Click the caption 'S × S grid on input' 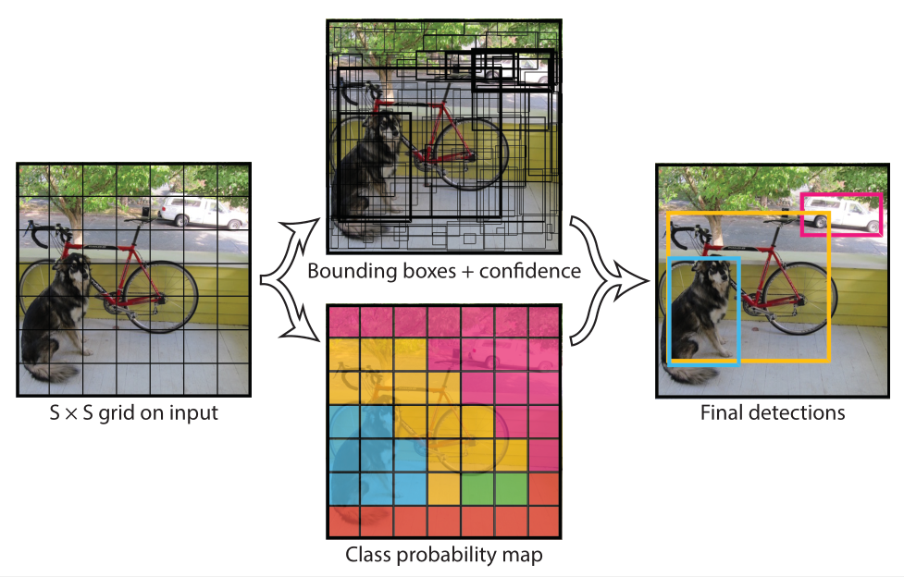[133, 412]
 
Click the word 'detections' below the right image [798, 412]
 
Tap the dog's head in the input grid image [72, 270]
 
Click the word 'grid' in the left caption [128, 412]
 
